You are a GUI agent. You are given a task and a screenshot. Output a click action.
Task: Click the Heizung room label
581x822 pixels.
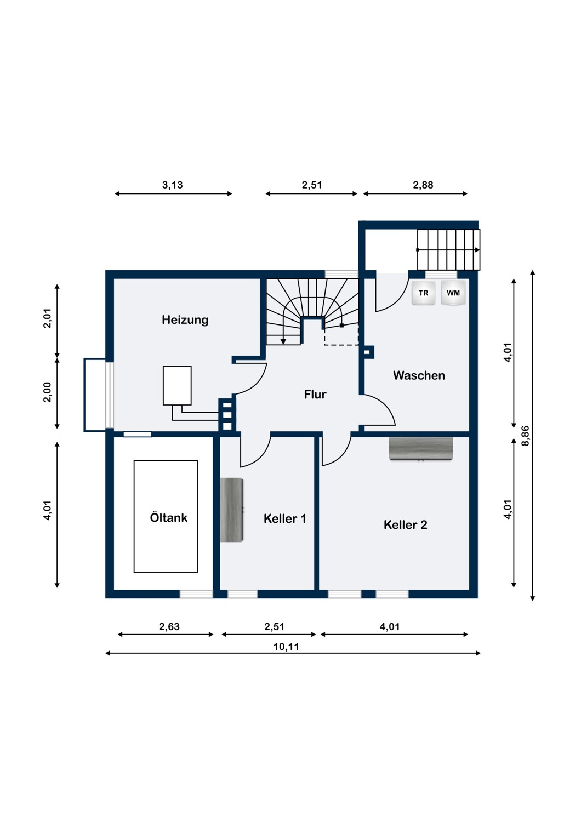pos(185,319)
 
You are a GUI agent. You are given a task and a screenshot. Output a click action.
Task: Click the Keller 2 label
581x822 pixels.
pos(405,525)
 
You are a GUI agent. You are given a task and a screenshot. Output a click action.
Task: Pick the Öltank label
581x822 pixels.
pos(168,517)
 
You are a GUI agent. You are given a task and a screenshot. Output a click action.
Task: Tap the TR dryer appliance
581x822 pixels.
pos(423,293)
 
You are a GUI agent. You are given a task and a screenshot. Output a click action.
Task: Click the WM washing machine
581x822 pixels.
pos(453,293)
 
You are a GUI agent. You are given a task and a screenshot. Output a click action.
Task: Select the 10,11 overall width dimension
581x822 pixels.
pos(286,647)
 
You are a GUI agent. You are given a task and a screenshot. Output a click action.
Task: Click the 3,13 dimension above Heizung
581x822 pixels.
pos(173,185)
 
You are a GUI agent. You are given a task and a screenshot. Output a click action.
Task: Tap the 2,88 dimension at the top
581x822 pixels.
pos(423,185)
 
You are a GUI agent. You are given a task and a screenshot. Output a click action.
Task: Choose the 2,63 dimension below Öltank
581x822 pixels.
pos(169,626)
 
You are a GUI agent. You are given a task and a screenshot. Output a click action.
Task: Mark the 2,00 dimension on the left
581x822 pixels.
pos(47,392)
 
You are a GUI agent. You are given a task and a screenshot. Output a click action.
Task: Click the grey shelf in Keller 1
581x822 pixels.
pos(232,510)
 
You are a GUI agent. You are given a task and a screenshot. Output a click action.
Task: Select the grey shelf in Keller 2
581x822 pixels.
pos(421,448)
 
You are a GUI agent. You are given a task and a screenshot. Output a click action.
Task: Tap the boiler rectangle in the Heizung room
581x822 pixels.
pos(177,385)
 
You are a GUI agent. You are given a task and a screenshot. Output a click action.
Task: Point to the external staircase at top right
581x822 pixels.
pos(448,250)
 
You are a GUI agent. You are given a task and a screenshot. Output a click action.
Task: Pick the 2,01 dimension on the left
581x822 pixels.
pos(47,318)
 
